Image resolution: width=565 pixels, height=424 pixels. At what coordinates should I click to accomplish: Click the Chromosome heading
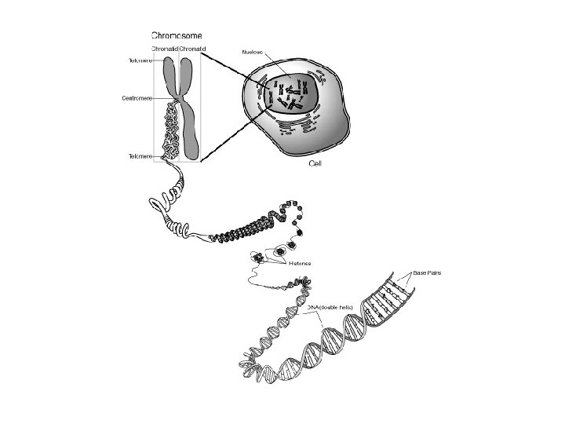(181, 35)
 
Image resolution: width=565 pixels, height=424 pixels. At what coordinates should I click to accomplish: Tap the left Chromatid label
(163, 49)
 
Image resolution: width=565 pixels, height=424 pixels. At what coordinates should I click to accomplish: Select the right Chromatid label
(192, 49)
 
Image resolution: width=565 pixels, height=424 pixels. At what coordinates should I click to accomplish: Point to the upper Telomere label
(139, 60)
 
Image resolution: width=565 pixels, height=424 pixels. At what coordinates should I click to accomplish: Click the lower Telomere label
(139, 156)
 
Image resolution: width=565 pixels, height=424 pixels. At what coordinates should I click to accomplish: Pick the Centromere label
(137, 98)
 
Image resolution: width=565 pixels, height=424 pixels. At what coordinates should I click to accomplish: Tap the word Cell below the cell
(315, 163)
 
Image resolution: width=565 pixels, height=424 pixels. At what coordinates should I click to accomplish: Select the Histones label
(300, 263)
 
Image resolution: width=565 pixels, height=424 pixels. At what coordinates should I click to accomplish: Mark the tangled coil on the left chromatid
(171, 130)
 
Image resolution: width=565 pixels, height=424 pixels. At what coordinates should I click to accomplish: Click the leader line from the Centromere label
(161, 98)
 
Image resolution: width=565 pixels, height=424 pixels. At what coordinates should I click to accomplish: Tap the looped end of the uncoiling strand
(156, 203)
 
